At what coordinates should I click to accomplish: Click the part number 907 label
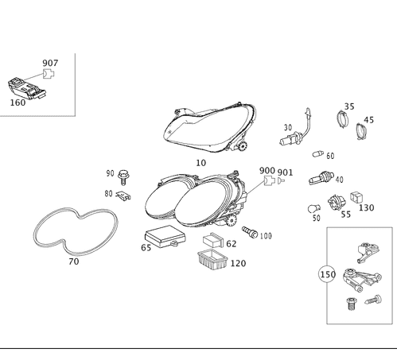tap(50, 63)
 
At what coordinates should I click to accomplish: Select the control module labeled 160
tap(27, 88)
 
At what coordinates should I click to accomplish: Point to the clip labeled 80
tap(123, 195)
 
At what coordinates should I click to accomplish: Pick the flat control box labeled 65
tap(165, 236)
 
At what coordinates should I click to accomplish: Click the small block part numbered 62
tap(213, 240)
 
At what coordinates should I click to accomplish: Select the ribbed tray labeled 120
tap(212, 261)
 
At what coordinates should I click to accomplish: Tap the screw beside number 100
tap(250, 232)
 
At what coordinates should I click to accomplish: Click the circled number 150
tap(328, 274)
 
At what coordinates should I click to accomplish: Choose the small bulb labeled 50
tap(314, 209)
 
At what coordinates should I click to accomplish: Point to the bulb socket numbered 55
tap(337, 203)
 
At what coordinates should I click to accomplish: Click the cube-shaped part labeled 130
tap(356, 198)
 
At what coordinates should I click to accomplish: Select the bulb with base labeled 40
tap(321, 178)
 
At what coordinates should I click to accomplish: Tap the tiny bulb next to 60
tap(318, 153)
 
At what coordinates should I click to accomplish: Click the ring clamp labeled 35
tap(343, 119)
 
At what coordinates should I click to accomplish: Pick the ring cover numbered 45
tap(360, 131)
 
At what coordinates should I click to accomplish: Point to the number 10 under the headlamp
tap(200, 163)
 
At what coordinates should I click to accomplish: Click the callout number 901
tap(285, 172)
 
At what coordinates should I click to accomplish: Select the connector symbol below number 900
tap(269, 181)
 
